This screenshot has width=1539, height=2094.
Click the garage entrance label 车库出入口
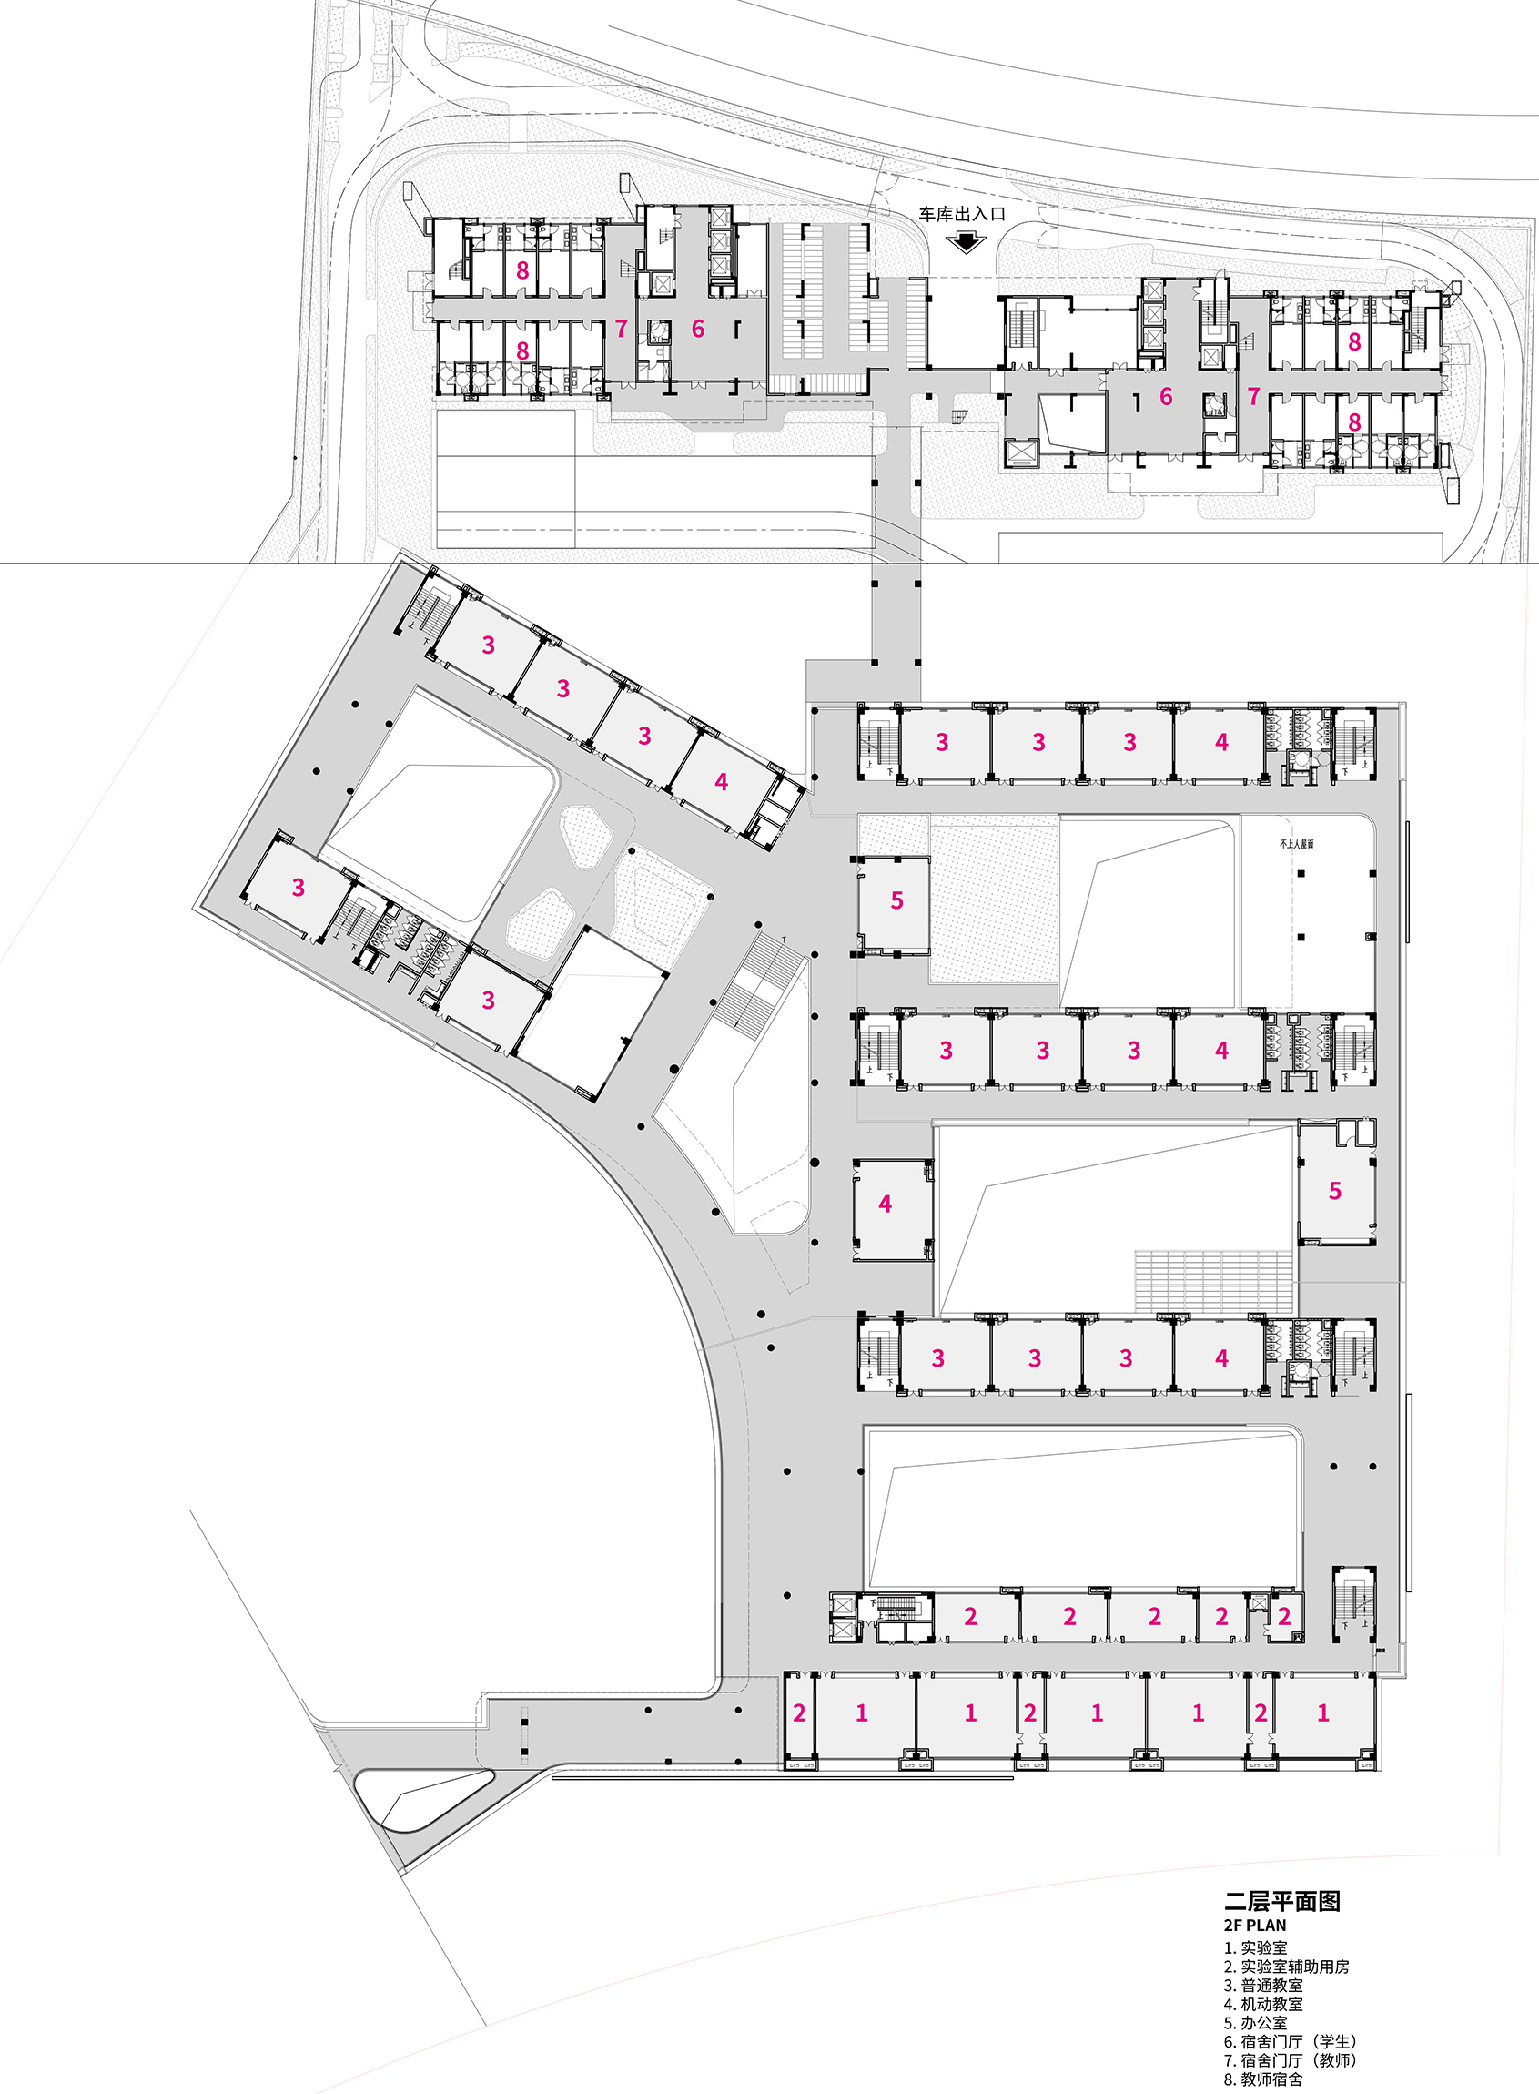961,213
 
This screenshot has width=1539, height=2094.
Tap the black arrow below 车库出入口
966,242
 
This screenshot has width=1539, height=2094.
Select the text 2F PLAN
1255,1925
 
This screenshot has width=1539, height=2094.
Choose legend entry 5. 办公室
1255,2023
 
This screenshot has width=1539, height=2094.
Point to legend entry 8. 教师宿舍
1263,2079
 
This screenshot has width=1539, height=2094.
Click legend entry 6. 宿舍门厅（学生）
1291,2042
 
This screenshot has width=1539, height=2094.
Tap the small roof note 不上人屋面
1296,843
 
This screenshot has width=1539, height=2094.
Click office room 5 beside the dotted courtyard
896,901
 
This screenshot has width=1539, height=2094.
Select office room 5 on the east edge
1335,1191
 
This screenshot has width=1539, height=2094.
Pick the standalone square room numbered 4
886,1204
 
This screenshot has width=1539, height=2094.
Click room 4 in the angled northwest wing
721,783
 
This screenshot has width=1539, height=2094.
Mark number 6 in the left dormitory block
698,329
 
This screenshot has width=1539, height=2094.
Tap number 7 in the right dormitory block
1253,397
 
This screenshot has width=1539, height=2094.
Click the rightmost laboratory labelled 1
1323,1713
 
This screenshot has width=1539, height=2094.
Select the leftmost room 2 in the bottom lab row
798,1713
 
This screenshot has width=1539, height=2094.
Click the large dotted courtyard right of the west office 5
993,900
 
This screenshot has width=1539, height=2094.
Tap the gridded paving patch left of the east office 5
1212,1281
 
